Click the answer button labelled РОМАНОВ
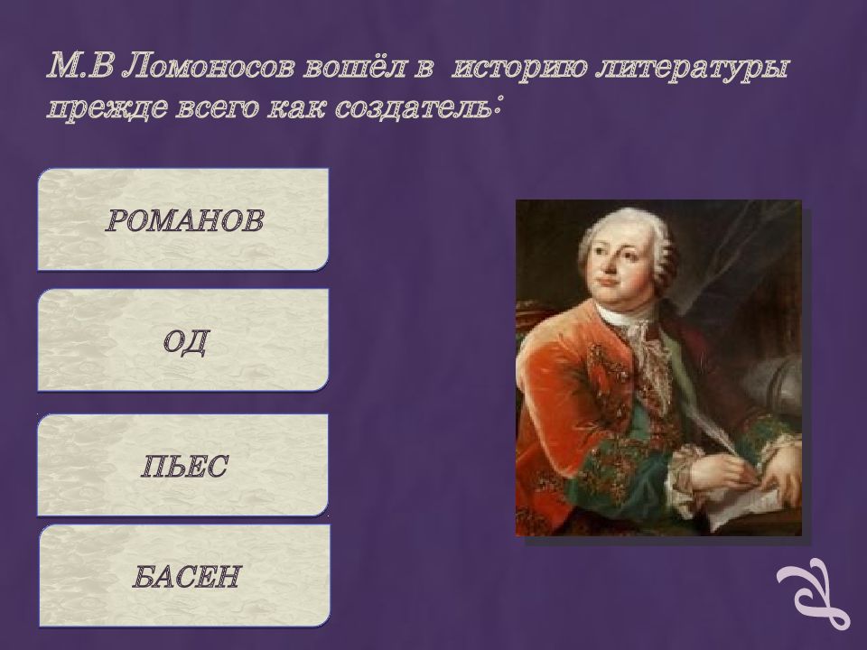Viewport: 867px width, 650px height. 183,219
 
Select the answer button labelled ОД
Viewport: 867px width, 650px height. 183,340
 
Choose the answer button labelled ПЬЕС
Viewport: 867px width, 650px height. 183,465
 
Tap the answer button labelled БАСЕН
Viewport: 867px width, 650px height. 183,576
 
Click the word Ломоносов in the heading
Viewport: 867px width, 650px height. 211,67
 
